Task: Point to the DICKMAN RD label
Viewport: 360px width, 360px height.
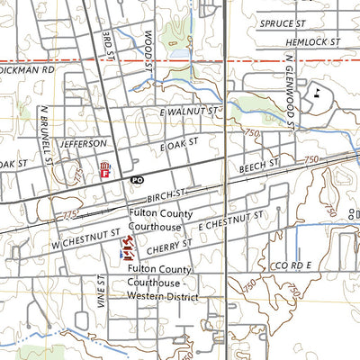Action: [27, 68]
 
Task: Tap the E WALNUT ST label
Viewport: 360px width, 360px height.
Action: [189, 112]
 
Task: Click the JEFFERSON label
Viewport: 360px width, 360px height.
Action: [84, 143]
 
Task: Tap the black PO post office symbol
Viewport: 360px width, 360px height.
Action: [137, 180]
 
